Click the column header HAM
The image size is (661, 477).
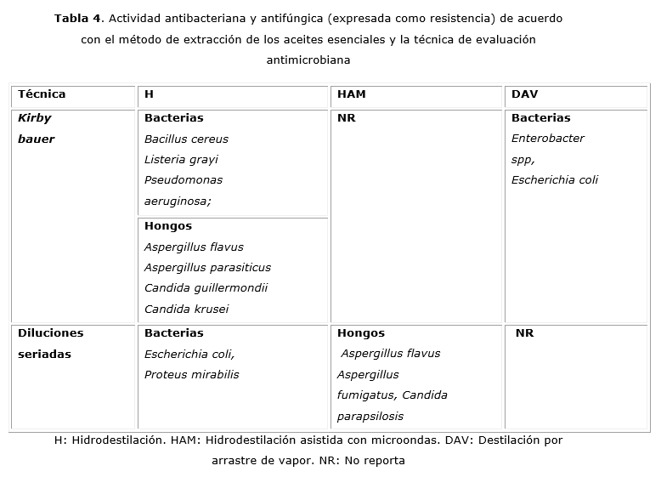coord(351,94)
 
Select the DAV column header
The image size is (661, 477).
coord(524,94)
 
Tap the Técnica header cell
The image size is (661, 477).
coord(41,94)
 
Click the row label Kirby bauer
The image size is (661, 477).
coord(36,128)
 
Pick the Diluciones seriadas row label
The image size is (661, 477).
coord(50,344)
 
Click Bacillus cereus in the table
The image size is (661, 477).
coord(186,139)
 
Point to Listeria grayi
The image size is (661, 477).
coord(181,159)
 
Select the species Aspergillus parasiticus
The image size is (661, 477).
coord(207,267)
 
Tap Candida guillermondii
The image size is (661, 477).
coord(206,288)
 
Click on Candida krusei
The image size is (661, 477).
coord(186,309)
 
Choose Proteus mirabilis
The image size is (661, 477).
coord(191,374)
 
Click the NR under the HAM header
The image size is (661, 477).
coord(346,118)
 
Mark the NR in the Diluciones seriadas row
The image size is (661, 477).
coord(524,333)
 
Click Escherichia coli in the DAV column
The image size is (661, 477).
coord(554,179)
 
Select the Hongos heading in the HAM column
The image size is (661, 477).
coord(360,333)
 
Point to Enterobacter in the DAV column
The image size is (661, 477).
coord(547,138)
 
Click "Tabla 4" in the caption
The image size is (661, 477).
coord(77,18)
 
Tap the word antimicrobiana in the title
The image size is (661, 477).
coord(308,60)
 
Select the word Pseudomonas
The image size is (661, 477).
coord(184,179)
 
